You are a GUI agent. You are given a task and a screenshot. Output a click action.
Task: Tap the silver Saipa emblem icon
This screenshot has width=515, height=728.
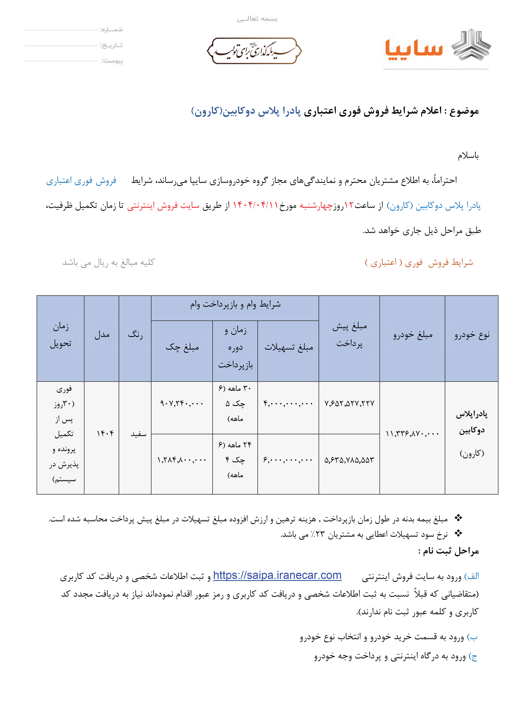471,45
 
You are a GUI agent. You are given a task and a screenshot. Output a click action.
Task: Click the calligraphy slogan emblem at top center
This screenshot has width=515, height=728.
254,51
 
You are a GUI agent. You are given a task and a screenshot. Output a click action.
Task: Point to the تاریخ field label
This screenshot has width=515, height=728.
112,45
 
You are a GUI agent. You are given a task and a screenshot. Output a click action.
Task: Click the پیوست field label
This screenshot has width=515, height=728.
112,61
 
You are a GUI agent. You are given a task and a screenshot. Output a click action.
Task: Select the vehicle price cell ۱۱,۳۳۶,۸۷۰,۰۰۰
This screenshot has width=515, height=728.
412,433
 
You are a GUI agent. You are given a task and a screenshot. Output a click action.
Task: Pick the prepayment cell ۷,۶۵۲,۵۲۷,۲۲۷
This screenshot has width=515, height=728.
349,403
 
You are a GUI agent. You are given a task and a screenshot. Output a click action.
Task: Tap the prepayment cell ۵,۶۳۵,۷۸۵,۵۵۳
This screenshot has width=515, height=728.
349,460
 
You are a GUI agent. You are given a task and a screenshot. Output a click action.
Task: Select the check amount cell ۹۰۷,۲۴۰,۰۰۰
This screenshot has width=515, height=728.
182,403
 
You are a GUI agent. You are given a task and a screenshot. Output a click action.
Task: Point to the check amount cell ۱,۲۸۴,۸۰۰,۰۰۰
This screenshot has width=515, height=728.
182,460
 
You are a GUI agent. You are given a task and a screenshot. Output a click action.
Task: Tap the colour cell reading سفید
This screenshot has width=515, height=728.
139,434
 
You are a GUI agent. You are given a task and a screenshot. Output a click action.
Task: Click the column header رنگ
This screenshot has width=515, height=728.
135,335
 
